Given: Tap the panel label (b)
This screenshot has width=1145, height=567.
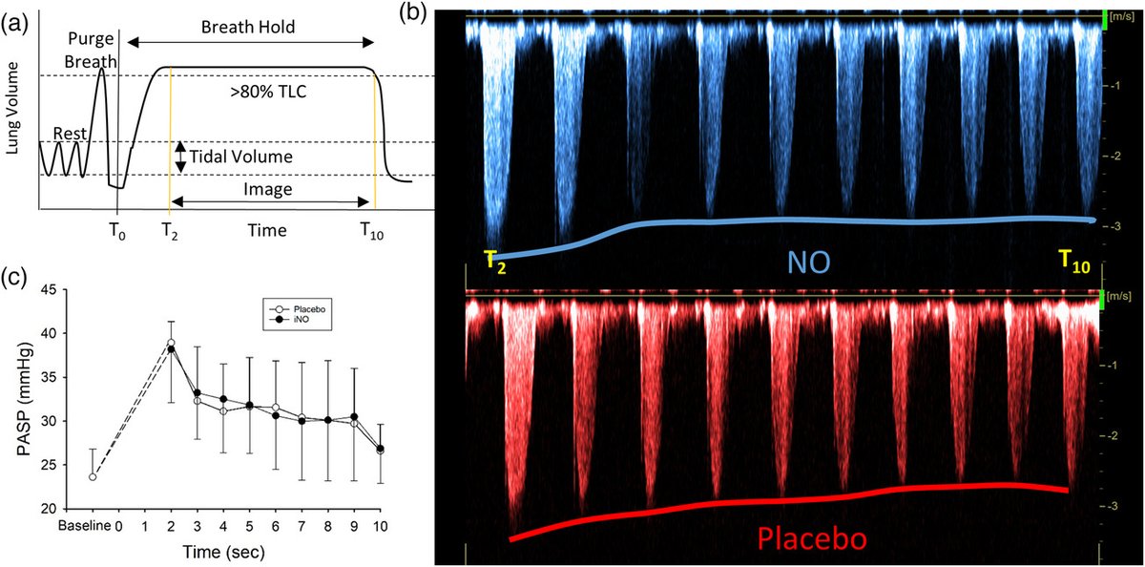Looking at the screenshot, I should pos(417,12).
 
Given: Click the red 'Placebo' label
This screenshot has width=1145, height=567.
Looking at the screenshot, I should pos(812,539).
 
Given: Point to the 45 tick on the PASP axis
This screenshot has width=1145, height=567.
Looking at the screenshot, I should pos(75,289).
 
